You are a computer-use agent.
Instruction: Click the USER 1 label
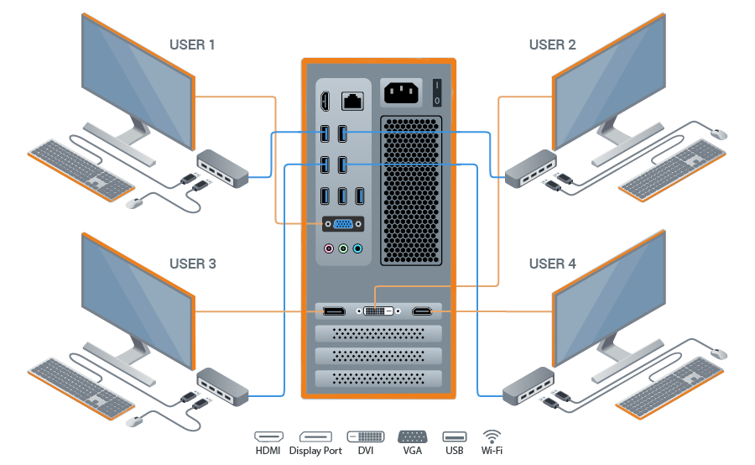click(x=193, y=44)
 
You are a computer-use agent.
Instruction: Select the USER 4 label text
click(x=552, y=264)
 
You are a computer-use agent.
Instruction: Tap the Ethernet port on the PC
click(x=351, y=102)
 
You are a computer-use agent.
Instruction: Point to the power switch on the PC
click(x=436, y=92)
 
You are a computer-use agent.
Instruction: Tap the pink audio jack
click(x=330, y=248)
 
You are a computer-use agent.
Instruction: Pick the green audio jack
click(x=343, y=248)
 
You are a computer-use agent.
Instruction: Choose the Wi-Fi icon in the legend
click(x=492, y=437)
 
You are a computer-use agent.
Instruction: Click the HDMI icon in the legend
click(x=269, y=437)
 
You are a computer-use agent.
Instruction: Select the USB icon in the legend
click(x=454, y=437)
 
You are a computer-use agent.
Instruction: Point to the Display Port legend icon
click(x=316, y=437)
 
